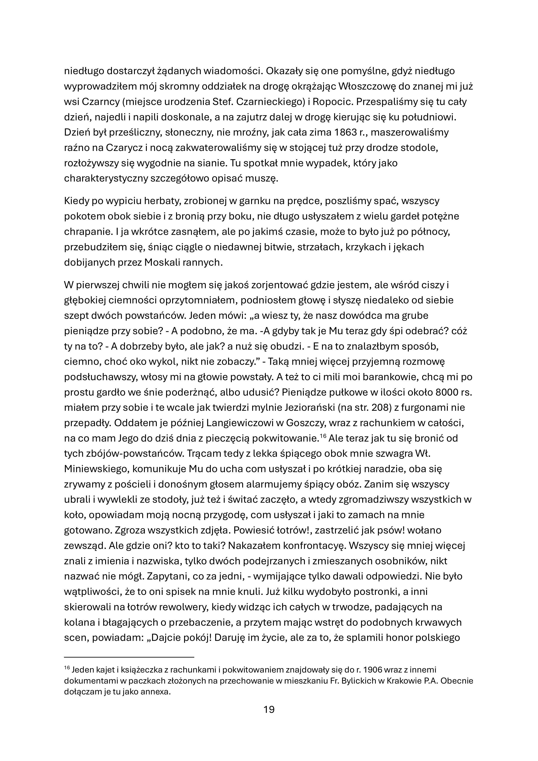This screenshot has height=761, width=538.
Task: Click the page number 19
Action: point(269,709)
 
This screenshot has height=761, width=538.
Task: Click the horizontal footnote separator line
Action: point(129,657)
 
